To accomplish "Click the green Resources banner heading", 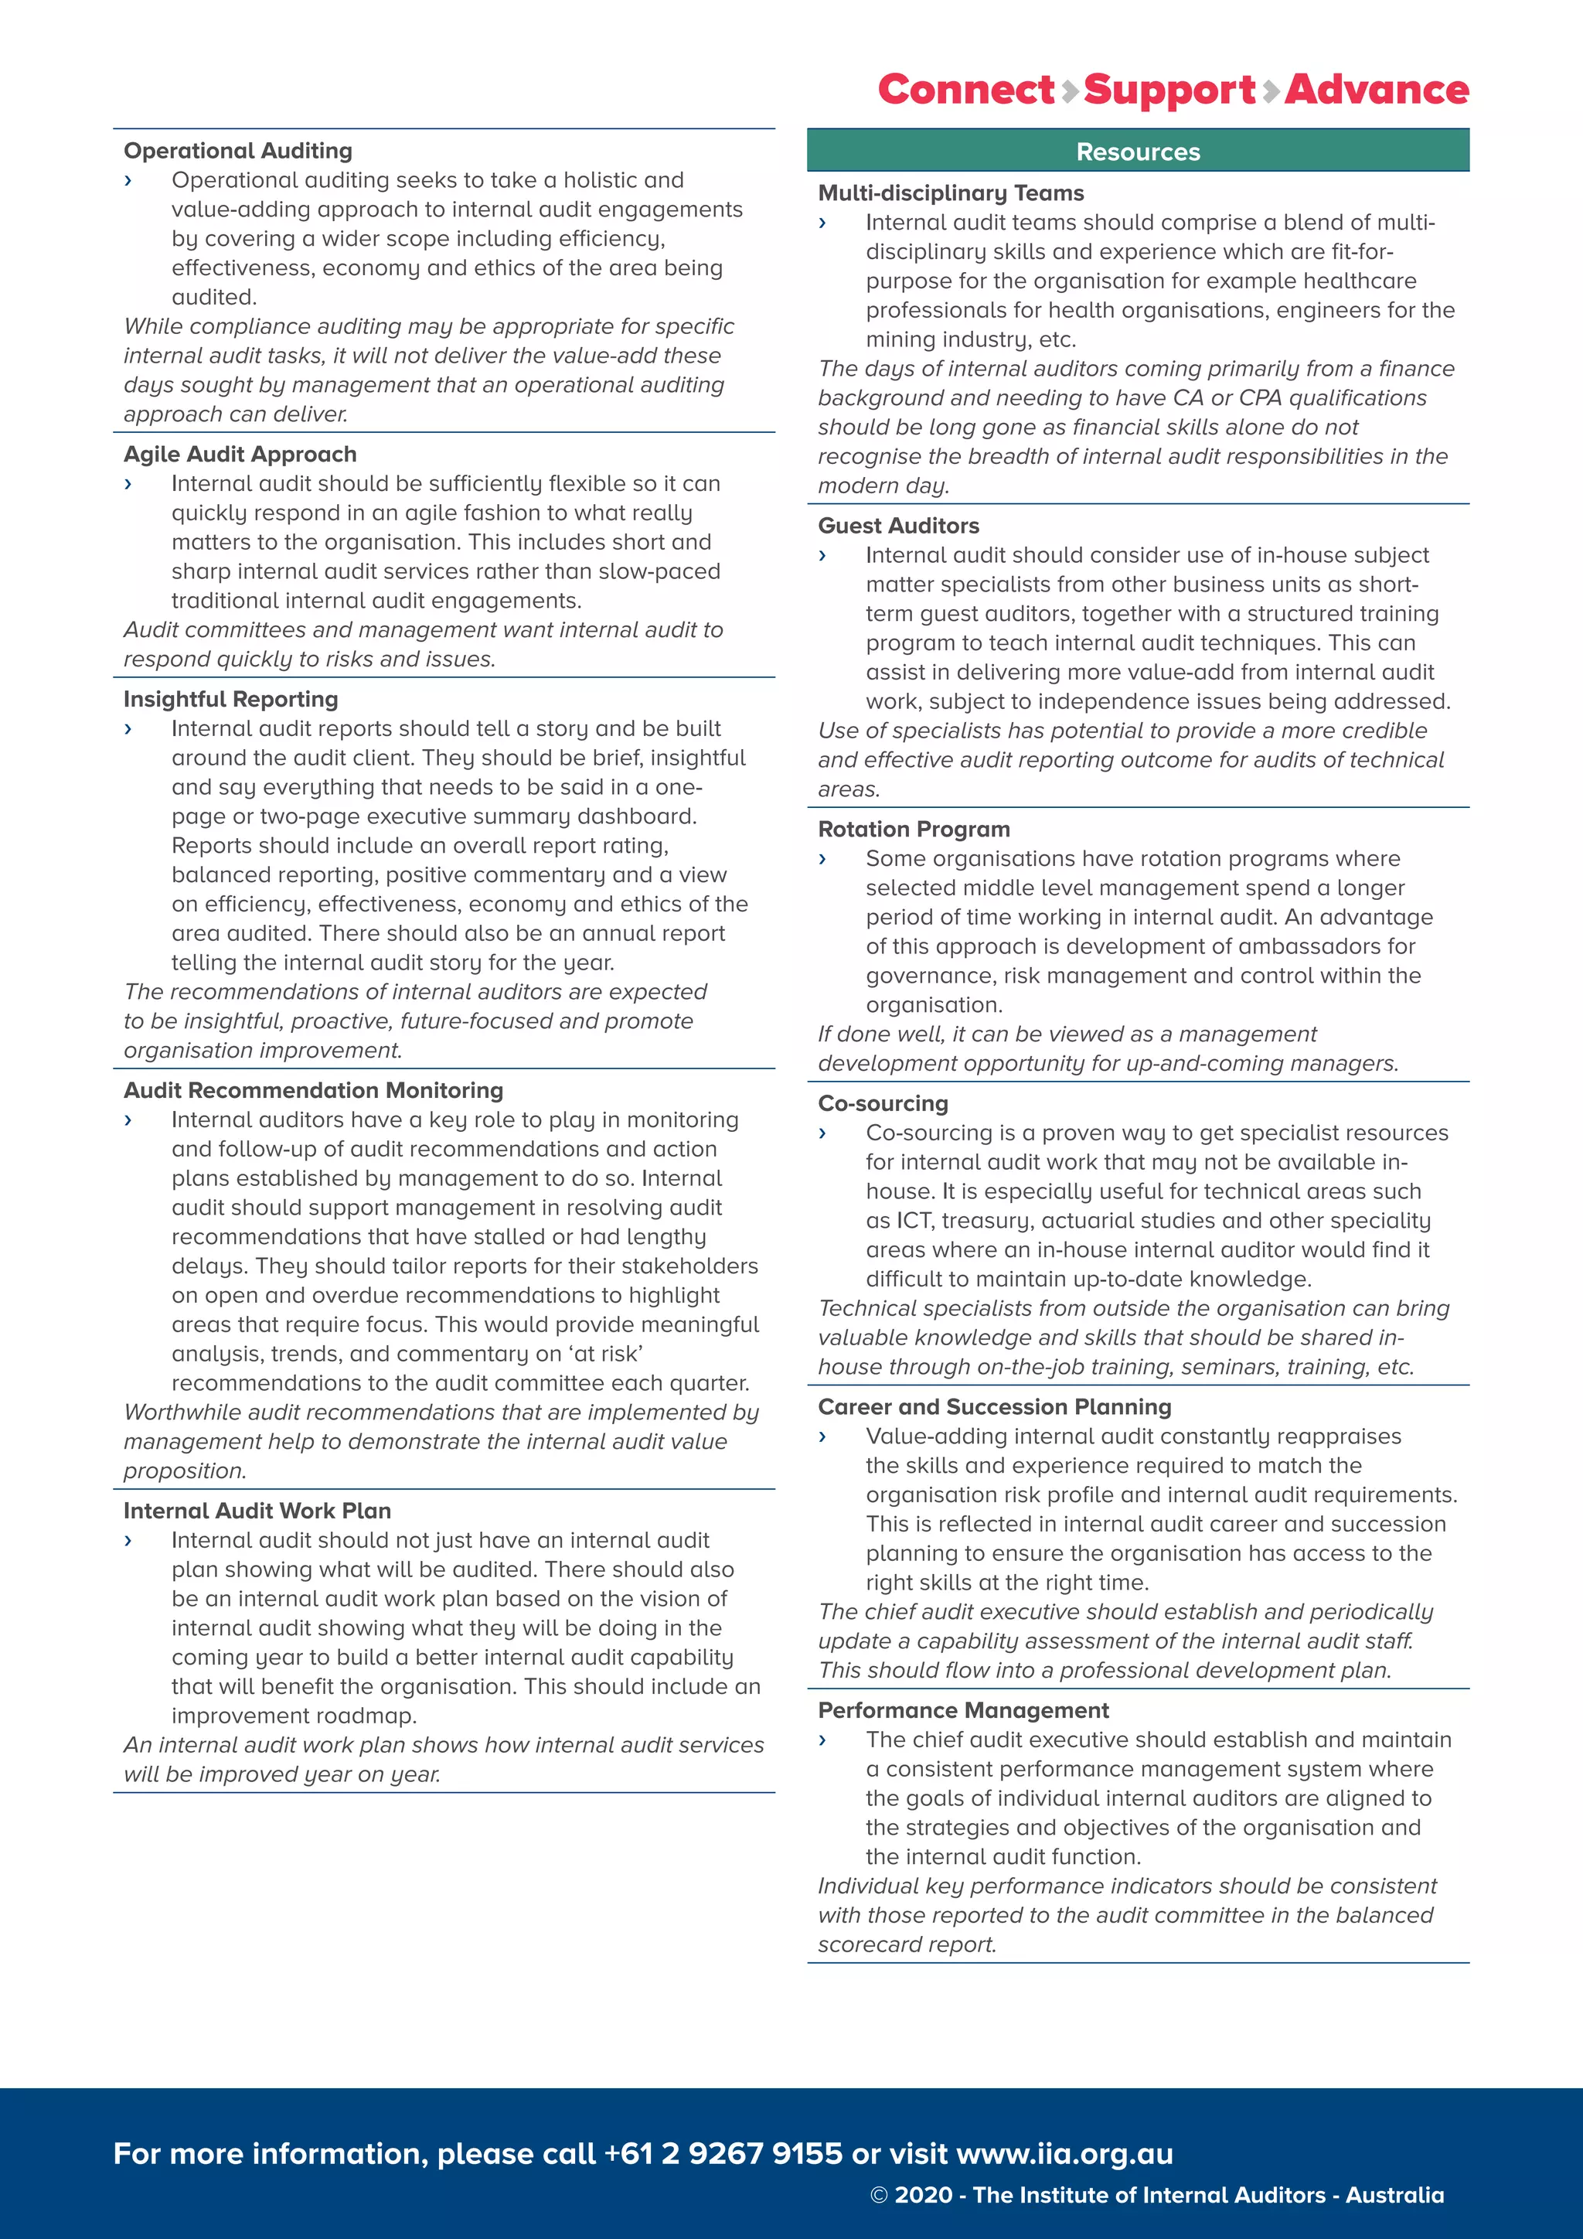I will pos(1138,152).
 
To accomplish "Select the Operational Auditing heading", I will pos(238,152).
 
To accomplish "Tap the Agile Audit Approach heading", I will pos(240,455).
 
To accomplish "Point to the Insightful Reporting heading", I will pos(230,699).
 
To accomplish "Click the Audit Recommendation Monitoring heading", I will pos(313,1090).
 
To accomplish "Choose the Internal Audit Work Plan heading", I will pos(257,1511).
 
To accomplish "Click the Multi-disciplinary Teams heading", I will pos(951,193).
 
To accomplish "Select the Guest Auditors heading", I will pos(897,526).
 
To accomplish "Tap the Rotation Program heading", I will pos(914,829).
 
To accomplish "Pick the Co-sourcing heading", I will pos(882,1103).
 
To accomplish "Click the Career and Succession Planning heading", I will pos(994,1406).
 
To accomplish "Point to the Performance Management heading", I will pos(963,1709).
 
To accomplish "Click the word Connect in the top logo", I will pos(966,90).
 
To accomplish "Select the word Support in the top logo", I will pos(1169,90).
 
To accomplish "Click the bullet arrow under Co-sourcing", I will pos(822,1133).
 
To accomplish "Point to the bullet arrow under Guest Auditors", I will pos(822,556).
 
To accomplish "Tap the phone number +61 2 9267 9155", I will pos(722,2153).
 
